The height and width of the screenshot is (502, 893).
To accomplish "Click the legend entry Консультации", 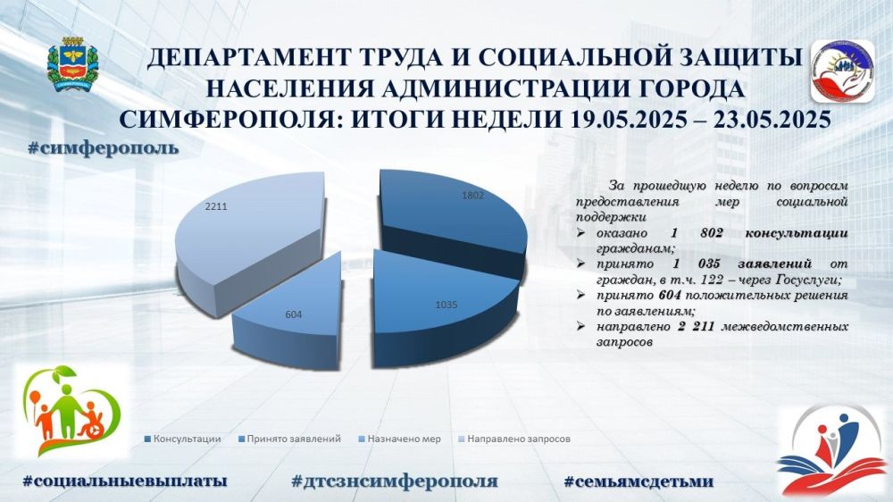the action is click(183, 439).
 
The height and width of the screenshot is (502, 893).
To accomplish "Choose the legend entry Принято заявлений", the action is click(289, 439).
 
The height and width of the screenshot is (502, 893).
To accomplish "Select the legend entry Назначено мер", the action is click(399, 439).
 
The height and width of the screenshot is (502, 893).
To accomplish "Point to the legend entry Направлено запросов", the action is click(514, 439).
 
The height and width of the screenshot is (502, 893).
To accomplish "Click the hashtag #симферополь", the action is click(103, 148).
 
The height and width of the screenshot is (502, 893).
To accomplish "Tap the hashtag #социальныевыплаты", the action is click(125, 481).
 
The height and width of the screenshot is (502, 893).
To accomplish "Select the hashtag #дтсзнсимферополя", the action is click(395, 481).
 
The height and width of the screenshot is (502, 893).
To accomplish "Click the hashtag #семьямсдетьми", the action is click(638, 481).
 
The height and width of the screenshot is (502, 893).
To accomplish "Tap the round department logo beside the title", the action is click(842, 71).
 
